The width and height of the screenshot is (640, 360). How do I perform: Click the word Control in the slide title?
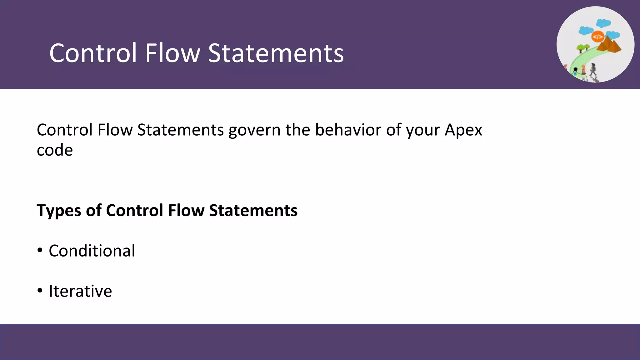click(x=93, y=53)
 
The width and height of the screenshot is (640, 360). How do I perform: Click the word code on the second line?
click(x=55, y=150)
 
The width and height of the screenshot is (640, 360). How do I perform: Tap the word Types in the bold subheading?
click(x=59, y=211)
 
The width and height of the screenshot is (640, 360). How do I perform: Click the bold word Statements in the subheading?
click(x=253, y=210)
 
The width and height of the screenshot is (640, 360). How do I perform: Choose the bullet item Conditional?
click(x=92, y=251)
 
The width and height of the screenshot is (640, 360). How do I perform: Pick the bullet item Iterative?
click(x=80, y=291)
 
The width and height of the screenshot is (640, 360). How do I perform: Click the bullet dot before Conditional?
click(x=40, y=250)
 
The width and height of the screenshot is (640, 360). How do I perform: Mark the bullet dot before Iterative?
click(x=40, y=291)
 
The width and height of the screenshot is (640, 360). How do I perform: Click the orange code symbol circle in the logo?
click(x=597, y=37)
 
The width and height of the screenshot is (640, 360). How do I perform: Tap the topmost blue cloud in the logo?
click(x=603, y=23)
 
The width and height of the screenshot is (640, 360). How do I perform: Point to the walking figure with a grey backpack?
click(x=593, y=69)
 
